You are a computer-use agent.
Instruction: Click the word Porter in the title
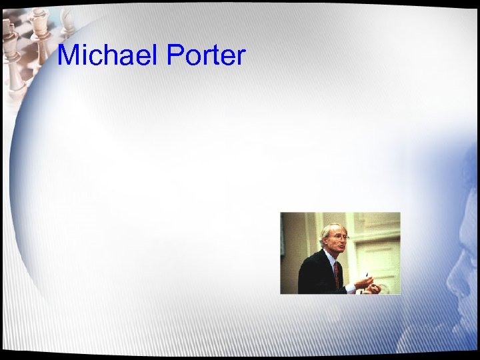click(x=206, y=55)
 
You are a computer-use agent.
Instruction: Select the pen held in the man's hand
click(x=367, y=275)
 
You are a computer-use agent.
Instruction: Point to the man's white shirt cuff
click(x=351, y=288)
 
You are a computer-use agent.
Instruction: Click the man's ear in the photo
click(x=325, y=242)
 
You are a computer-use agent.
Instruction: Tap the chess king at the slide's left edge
click(x=9, y=40)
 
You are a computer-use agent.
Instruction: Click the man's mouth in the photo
click(x=342, y=247)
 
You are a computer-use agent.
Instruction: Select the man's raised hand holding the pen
click(x=363, y=283)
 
